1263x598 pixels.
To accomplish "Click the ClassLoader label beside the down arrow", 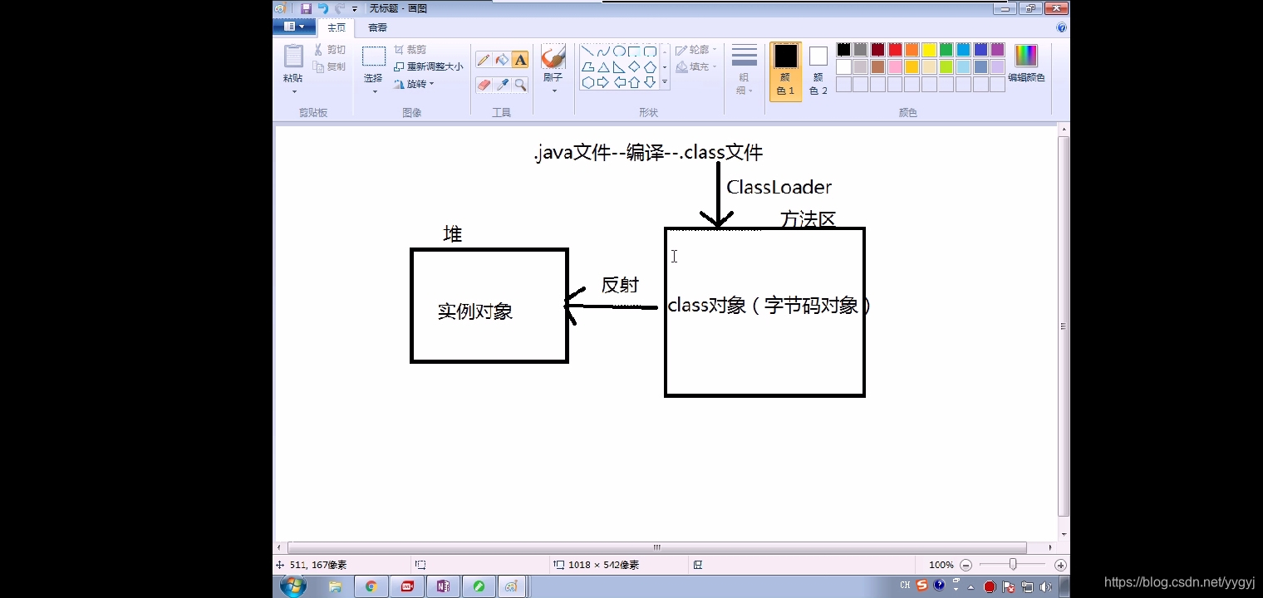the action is [779, 187].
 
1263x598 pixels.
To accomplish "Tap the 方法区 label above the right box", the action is [808, 219].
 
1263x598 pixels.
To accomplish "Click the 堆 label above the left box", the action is [452, 234].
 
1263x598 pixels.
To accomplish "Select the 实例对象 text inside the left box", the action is [475, 311].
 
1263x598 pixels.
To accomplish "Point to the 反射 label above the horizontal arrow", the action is [620, 285].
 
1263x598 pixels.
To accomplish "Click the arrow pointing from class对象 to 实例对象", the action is [611, 306].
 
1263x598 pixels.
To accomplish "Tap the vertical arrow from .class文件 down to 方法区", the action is [718, 195].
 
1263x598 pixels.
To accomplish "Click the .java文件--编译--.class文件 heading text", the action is [648, 153].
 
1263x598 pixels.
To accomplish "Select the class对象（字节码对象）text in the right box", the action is [769, 306].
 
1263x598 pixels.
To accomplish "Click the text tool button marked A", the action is [520, 60].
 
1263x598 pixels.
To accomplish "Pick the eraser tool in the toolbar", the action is [484, 85].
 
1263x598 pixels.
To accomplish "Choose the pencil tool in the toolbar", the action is [484, 60].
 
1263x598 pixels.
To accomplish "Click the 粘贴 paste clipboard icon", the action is [293, 57].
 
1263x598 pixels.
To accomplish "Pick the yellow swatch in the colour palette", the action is [929, 50].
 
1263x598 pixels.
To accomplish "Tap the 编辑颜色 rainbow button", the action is [1026, 56].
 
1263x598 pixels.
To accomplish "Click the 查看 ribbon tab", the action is [377, 27].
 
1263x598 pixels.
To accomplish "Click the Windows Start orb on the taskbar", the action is [292, 586].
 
